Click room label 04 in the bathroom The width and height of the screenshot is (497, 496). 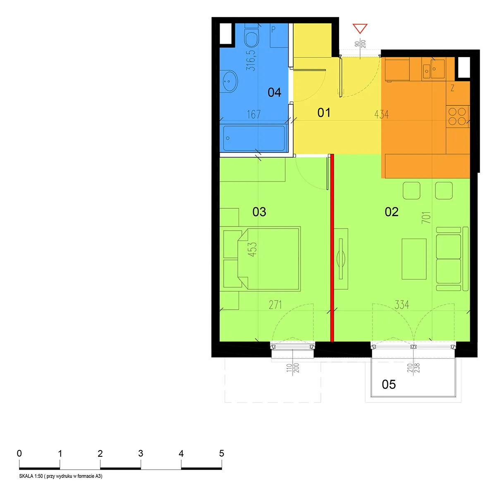[274, 92]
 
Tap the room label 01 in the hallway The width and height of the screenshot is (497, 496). [323, 113]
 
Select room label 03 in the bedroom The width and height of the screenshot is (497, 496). [259, 212]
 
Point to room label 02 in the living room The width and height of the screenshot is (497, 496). [391, 212]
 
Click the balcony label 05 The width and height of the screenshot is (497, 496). [388, 384]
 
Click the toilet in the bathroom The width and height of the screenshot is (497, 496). [251, 36]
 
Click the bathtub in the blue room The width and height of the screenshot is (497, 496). [254, 138]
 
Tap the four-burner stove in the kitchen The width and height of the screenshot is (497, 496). [458, 116]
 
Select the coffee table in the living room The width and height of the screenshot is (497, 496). [414, 259]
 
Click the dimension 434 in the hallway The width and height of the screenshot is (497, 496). [381, 114]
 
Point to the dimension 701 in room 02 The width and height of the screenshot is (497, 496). [426, 217]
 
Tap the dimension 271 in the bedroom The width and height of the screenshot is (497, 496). [275, 305]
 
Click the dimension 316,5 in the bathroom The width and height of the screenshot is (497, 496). [251, 60]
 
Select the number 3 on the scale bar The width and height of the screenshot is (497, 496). [141, 453]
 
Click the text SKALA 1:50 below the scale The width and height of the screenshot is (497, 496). [31, 476]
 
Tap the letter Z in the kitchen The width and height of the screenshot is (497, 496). [452, 88]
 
